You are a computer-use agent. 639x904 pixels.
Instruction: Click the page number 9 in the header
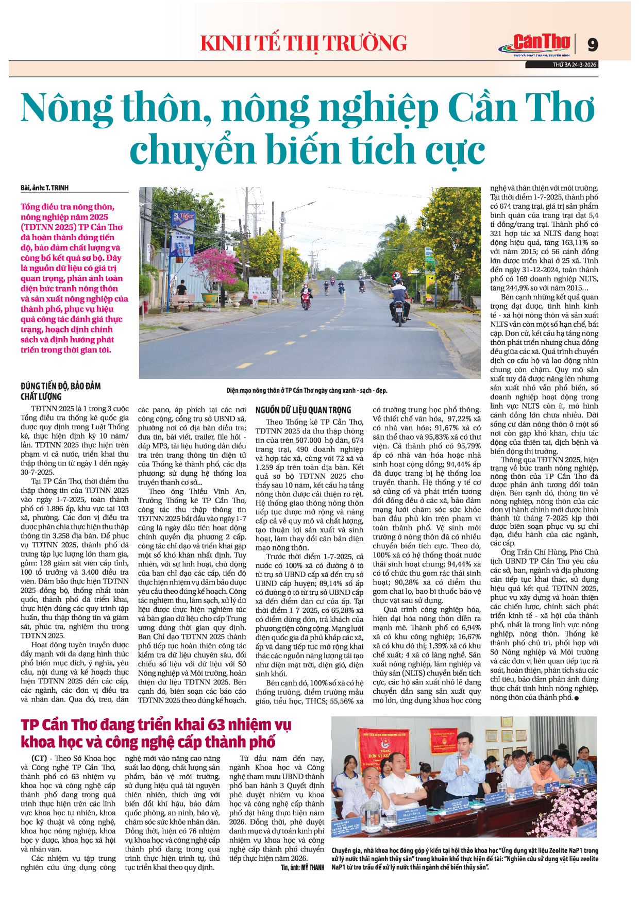593,45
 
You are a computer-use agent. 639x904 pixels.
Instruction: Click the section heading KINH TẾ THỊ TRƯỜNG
304,43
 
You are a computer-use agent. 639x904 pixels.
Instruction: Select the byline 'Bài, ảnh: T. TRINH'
45,188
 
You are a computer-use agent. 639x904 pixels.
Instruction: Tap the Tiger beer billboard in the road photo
183,219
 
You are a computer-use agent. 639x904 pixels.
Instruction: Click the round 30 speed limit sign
396,275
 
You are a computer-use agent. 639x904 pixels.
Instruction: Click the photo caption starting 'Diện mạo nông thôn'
307,390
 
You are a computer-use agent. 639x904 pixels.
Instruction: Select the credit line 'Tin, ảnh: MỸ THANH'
302,867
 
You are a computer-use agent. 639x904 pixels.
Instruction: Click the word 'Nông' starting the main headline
67,108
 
